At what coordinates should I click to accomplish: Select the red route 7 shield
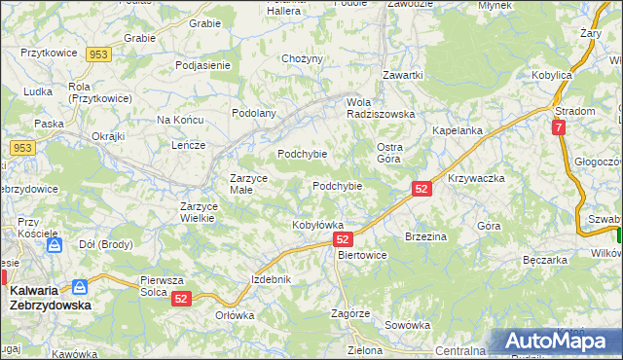[x=558, y=127]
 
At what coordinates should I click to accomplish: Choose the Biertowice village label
[x=361, y=255]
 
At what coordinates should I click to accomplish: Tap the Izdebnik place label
[x=272, y=279]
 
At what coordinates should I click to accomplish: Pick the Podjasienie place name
[x=202, y=65]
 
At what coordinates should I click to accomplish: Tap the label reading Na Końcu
[x=179, y=120]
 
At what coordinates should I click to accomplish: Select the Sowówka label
[x=407, y=325]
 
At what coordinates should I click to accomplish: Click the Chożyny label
[x=302, y=59]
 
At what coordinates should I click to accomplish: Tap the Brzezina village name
[x=425, y=236]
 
